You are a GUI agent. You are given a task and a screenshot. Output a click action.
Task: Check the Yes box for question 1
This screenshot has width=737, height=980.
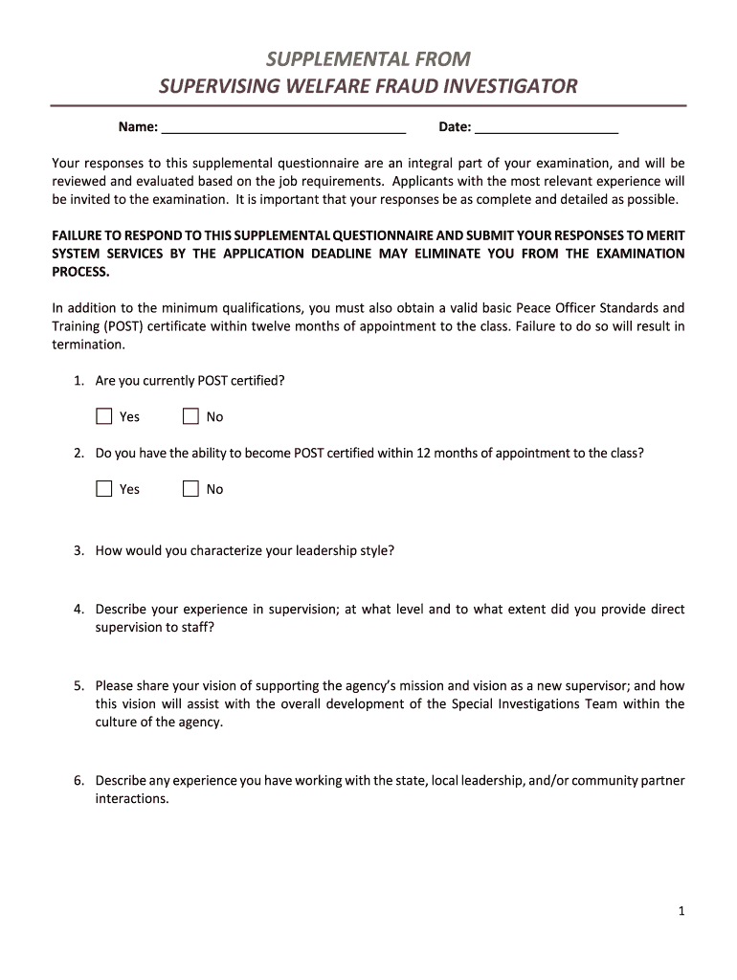pyautogui.click(x=104, y=416)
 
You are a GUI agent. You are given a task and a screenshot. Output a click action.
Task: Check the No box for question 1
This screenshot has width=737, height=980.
pyautogui.click(x=190, y=416)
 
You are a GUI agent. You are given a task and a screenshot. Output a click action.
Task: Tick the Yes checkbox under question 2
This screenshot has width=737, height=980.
pyautogui.click(x=104, y=489)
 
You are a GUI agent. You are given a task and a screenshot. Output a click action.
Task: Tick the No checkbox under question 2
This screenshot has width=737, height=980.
pyautogui.click(x=190, y=489)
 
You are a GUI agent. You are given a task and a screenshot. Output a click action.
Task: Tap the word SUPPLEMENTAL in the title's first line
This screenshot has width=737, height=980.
pyautogui.click(x=327, y=59)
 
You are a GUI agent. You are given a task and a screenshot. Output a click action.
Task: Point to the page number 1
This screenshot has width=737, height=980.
pyautogui.click(x=681, y=911)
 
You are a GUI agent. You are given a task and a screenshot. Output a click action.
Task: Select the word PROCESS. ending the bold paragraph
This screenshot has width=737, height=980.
pyautogui.click(x=81, y=272)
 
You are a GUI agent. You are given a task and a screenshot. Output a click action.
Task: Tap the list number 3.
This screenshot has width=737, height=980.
pyautogui.click(x=78, y=550)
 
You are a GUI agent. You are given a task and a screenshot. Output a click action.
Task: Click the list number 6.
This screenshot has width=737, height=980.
pyautogui.click(x=78, y=780)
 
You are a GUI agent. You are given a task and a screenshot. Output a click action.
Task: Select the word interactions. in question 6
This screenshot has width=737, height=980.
pyautogui.click(x=132, y=798)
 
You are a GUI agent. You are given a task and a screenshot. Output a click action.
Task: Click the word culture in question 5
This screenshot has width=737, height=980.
pyautogui.click(x=117, y=722)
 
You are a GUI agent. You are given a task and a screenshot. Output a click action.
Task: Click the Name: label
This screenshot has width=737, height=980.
pyautogui.click(x=138, y=127)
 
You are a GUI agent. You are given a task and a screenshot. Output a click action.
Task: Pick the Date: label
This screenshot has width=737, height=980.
pyautogui.click(x=455, y=127)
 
